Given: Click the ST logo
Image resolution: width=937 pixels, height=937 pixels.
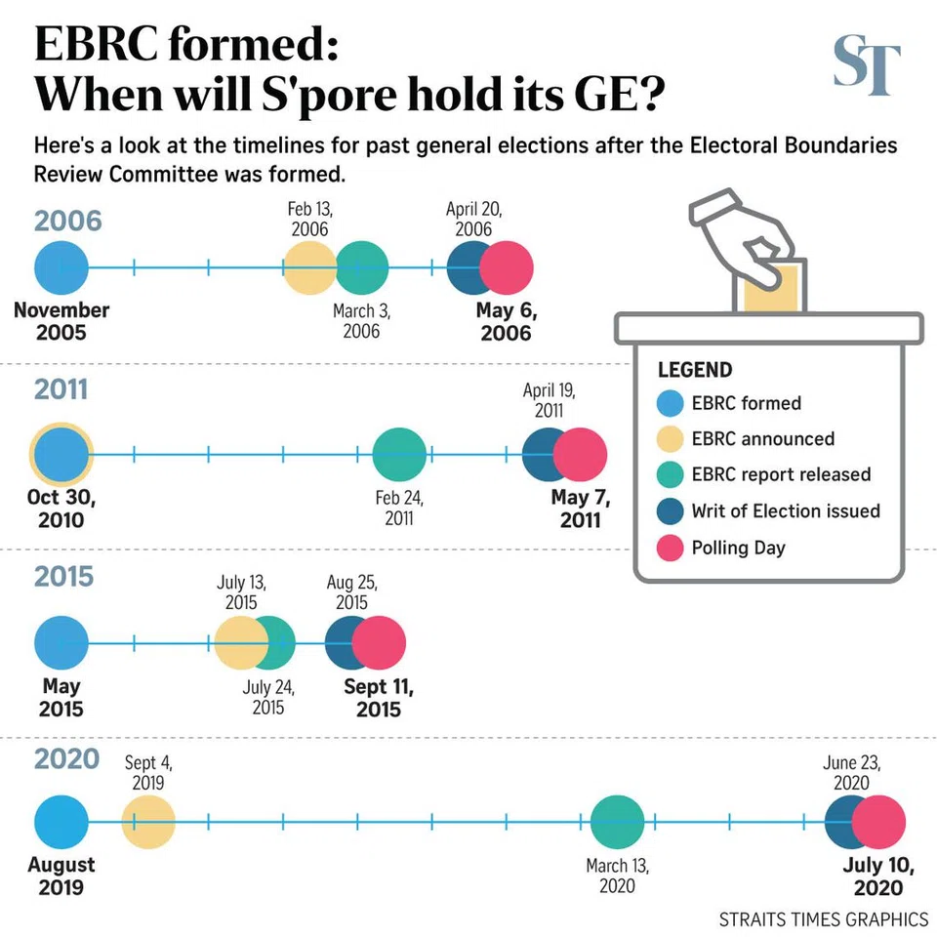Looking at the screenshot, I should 867,65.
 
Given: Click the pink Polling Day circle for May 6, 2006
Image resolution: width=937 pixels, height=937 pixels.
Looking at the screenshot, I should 507,267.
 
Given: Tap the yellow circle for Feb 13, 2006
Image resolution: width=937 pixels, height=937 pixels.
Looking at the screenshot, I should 309,267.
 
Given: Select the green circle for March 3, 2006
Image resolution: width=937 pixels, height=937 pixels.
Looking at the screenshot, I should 362,267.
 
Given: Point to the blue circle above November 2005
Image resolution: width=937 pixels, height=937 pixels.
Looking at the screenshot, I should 61,267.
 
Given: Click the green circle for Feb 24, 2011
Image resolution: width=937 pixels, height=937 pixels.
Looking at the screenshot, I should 399,454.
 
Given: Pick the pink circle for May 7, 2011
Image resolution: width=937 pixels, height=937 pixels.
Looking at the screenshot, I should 580,454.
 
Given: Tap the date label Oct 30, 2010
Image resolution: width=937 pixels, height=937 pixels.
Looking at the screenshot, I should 61,508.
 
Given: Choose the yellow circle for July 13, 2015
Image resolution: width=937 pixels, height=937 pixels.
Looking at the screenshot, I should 240,642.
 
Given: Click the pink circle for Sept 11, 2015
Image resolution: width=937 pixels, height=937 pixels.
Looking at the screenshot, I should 379,642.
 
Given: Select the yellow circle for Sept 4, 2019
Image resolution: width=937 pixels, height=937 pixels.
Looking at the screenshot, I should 148,821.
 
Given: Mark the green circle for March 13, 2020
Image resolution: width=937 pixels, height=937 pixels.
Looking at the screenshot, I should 618,821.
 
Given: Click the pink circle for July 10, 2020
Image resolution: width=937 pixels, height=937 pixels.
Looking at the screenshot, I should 878,821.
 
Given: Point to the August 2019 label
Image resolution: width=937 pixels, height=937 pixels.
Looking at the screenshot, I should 61,876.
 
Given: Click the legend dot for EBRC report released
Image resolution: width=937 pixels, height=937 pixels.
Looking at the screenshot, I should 670,474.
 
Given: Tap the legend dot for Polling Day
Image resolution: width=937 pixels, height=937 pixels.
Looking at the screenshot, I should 670,548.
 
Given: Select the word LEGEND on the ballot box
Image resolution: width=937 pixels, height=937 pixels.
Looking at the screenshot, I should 694,371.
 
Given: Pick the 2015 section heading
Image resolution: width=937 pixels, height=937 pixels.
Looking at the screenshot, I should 64,576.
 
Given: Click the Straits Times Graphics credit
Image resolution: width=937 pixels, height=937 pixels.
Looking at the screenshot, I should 823,918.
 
